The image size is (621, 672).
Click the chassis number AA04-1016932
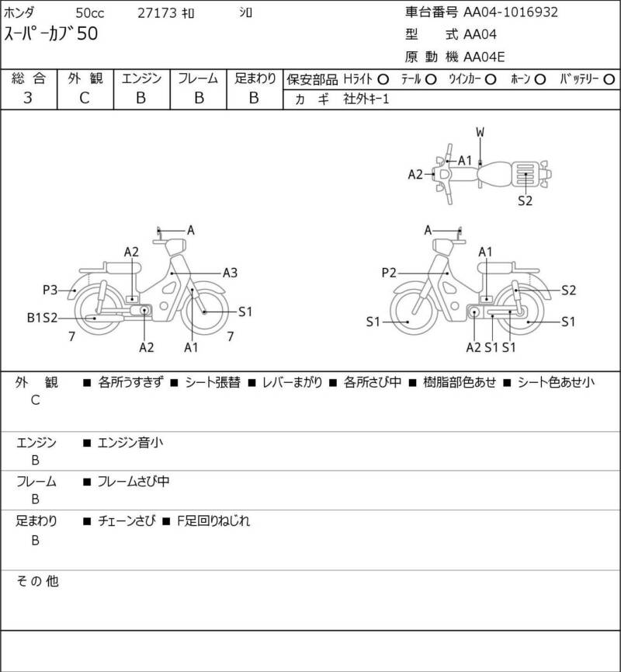tap(511, 12)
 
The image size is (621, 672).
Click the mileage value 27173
tap(157, 13)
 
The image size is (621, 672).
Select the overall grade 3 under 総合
tap(28, 98)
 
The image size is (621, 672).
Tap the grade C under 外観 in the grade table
tap(85, 98)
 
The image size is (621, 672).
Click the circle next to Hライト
tap(383, 79)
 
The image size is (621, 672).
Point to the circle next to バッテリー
tap(609, 80)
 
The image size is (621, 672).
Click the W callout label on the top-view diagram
tap(480, 132)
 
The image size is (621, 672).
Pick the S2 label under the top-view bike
tap(525, 200)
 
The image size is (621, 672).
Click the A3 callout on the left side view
tap(230, 273)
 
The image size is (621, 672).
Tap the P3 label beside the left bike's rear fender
tap(50, 290)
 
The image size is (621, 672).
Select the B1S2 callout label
tap(42, 318)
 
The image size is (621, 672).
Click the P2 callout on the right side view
tap(389, 273)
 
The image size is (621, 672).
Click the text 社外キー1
tap(366, 99)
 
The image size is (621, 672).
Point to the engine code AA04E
tap(484, 57)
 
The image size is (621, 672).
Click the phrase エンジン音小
tap(130, 443)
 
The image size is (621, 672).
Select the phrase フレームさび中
tap(134, 482)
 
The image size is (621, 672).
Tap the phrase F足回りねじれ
tap(213, 521)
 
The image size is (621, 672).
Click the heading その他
tap(37, 581)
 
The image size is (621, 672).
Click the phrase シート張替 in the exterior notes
tap(213, 382)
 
